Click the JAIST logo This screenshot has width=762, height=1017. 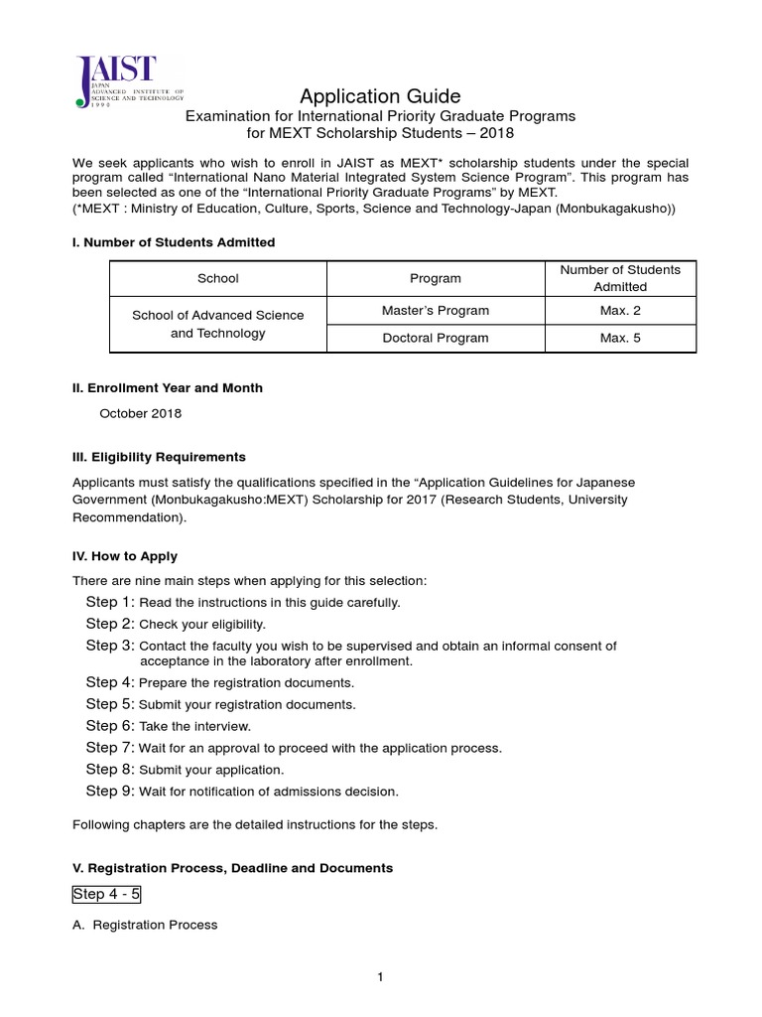pos(116,81)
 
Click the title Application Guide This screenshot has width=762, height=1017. pos(381,96)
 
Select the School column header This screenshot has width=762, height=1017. pos(218,279)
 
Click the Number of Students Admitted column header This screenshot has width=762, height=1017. pos(620,278)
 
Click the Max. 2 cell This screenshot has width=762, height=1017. pos(620,311)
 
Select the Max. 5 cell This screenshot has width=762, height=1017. pos(620,338)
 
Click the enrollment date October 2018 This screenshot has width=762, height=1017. pos(141,413)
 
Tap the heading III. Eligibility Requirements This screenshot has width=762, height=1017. pos(159,457)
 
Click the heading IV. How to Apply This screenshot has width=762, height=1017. pos(125,556)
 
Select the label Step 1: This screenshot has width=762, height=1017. pos(110,602)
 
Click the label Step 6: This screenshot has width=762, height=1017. pos(110,726)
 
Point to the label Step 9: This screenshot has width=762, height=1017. pos(110,792)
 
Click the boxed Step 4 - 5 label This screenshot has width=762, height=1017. pos(107,894)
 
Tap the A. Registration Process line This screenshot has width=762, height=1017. pos(145,925)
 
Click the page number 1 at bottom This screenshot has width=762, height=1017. pos(380,977)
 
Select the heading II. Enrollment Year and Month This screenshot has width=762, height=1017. pos(168,388)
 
